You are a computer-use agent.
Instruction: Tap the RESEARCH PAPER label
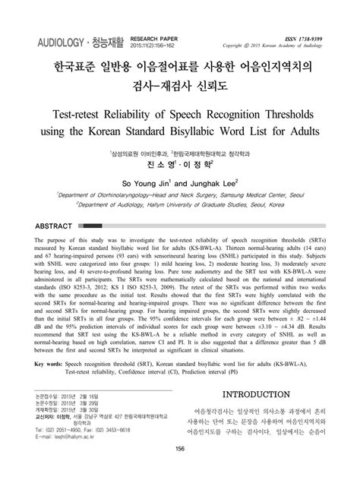pos(155,36)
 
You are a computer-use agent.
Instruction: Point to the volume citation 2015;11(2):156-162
pos(155,44)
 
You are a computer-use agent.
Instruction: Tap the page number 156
pos(180,469)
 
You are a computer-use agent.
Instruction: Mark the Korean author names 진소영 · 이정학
pos(180,163)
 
